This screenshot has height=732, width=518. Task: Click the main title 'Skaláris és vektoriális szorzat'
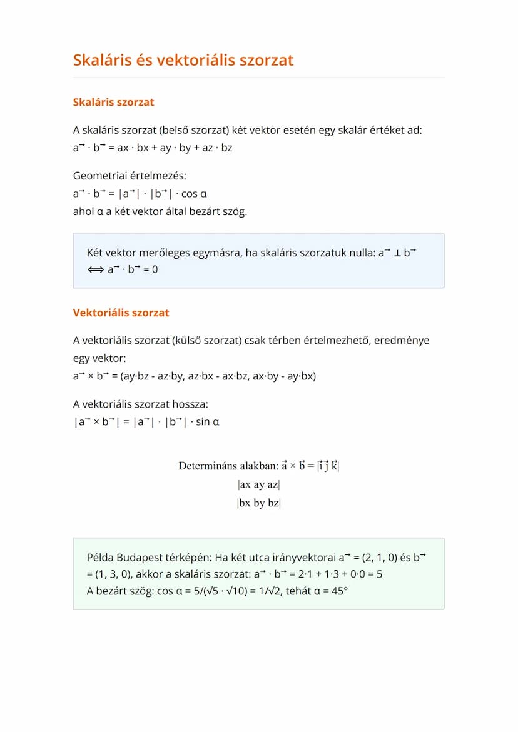click(x=183, y=60)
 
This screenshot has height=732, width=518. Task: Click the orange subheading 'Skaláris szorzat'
click(x=113, y=102)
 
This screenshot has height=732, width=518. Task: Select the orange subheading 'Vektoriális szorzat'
click(x=121, y=313)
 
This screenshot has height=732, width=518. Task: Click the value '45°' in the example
click(x=339, y=591)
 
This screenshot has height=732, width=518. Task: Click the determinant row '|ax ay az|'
click(x=258, y=484)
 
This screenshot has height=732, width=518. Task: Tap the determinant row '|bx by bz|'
click(x=258, y=503)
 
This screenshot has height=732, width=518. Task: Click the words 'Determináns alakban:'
click(x=228, y=466)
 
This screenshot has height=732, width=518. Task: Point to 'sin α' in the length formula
click(x=208, y=422)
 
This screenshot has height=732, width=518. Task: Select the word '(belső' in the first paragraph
click(x=175, y=131)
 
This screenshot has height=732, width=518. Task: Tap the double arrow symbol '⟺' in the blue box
click(x=96, y=269)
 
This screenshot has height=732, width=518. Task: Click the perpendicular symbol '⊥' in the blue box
click(x=397, y=253)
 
